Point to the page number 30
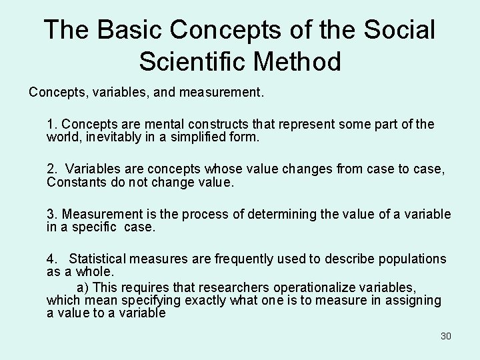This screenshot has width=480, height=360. pos(445,336)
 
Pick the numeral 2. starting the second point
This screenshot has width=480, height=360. pos(53,169)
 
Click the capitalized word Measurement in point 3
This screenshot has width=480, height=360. pos(99,214)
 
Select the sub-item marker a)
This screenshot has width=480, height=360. pos(83,287)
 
